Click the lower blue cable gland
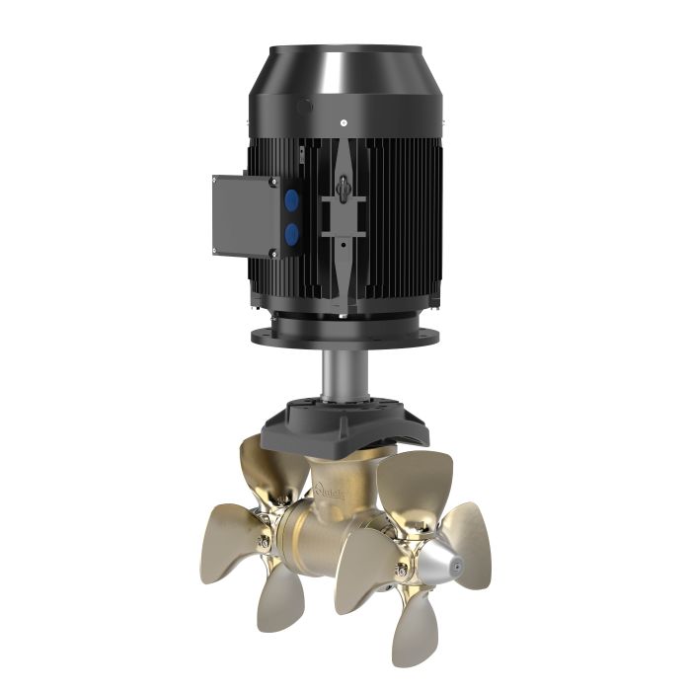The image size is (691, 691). point(291,234)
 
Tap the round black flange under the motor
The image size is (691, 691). point(345,336)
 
